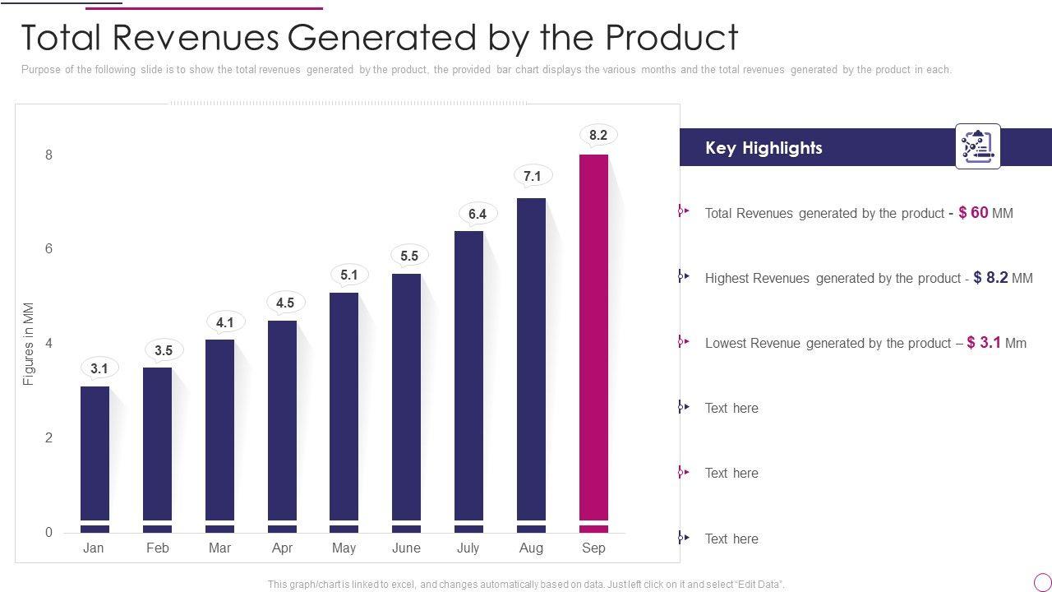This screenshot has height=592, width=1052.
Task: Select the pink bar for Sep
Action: (593, 337)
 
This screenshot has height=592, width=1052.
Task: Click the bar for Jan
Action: (95, 452)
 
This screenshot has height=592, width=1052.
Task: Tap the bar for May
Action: (344, 407)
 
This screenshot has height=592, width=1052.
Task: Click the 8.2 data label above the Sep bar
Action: (598, 135)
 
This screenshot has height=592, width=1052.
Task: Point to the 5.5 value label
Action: (409, 256)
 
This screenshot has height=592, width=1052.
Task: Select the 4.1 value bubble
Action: (225, 322)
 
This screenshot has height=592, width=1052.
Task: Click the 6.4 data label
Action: (478, 214)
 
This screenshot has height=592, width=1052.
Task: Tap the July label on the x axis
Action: (468, 548)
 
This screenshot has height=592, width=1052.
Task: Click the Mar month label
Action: (219, 548)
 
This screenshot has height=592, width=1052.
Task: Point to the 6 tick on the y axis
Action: (49, 248)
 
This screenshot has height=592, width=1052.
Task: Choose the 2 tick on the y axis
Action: (49, 437)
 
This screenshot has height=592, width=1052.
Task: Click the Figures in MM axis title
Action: (29, 344)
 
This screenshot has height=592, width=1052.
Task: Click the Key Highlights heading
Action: (764, 148)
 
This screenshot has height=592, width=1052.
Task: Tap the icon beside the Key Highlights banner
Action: (977, 146)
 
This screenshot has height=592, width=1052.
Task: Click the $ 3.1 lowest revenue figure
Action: (984, 342)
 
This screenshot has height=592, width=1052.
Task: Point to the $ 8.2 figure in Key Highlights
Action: (990, 277)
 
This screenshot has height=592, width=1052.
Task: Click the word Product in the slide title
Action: (671, 37)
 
